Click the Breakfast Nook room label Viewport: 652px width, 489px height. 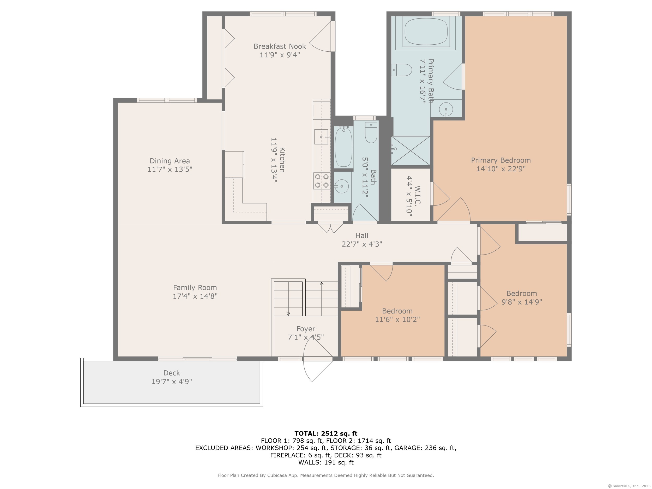tap(280, 46)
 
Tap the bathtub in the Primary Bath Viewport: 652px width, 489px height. tap(426, 31)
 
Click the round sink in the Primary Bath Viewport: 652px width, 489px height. tap(446, 109)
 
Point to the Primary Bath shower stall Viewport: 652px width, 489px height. tap(410, 151)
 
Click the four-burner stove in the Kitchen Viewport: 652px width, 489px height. tap(322, 181)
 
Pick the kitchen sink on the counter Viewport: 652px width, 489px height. tap(321, 137)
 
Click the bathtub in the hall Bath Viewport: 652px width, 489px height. tap(343, 147)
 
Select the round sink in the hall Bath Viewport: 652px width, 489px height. tap(342, 186)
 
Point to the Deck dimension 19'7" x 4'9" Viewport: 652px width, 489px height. tap(172, 381)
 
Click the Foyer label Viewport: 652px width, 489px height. tap(306, 329)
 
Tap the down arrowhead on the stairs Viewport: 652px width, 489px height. tap(288, 314)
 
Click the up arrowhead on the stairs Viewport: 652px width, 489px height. tap(322, 283)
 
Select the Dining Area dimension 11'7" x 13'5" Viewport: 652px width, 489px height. tap(170, 169)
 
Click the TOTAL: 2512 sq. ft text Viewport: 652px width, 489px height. tap(326, 434)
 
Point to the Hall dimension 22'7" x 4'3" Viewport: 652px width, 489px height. tap(362, 244)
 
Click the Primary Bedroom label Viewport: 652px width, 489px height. tap(501, 160)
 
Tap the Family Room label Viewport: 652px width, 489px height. tap(195, 288)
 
